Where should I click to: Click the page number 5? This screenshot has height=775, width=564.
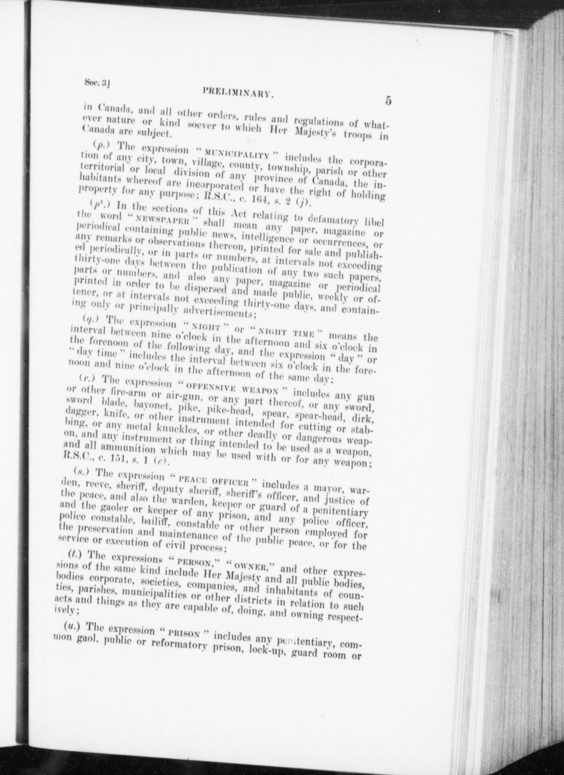point(388,101)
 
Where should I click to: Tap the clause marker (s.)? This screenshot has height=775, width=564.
point(79,472)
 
